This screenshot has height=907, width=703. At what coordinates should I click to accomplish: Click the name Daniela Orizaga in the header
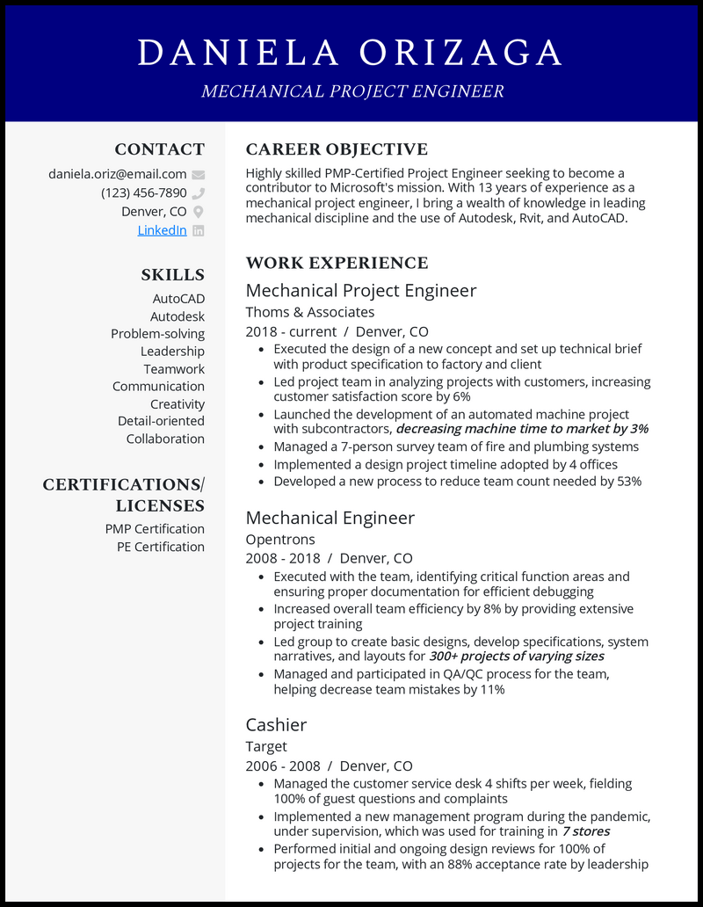(x=351, y=53)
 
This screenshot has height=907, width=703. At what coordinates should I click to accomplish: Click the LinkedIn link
(x=162, y=230)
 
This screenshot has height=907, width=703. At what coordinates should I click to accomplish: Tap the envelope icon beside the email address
(x=199, y=175)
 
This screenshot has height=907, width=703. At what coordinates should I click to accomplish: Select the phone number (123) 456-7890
(x=143, y=193)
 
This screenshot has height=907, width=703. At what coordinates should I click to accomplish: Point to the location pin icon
(x=199, y=212)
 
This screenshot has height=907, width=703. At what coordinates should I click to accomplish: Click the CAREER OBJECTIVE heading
(x=337, y=149)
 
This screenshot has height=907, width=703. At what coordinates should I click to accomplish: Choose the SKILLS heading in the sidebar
(x=172, y=275)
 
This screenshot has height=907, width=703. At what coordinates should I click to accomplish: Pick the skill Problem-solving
(x=157, y=334)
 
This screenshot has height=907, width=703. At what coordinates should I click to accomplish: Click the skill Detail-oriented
(x=161, y=421)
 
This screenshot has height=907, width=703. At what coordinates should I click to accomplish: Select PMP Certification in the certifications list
(x=155, y=529)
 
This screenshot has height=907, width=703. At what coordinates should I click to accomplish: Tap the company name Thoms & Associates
(x=309, y=312)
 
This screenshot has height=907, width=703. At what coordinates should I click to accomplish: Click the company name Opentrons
(x=279, y=540)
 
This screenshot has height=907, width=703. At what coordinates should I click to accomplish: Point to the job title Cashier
(x=276, y=725)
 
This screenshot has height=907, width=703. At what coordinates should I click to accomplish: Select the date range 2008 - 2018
(x=285, y=558)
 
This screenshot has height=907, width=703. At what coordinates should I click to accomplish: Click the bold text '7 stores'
(x=585, y=831)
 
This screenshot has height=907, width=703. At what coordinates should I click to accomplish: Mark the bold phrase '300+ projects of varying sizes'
(x=516, y=657)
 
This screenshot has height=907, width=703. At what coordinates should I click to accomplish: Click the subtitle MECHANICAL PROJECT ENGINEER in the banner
(x=351, y=91)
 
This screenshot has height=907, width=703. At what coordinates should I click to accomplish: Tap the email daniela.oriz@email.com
(x=117, y=175)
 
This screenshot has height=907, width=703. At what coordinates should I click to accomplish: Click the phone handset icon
(x=199, y=193)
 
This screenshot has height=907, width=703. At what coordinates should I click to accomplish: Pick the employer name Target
(x=266, y=747)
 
